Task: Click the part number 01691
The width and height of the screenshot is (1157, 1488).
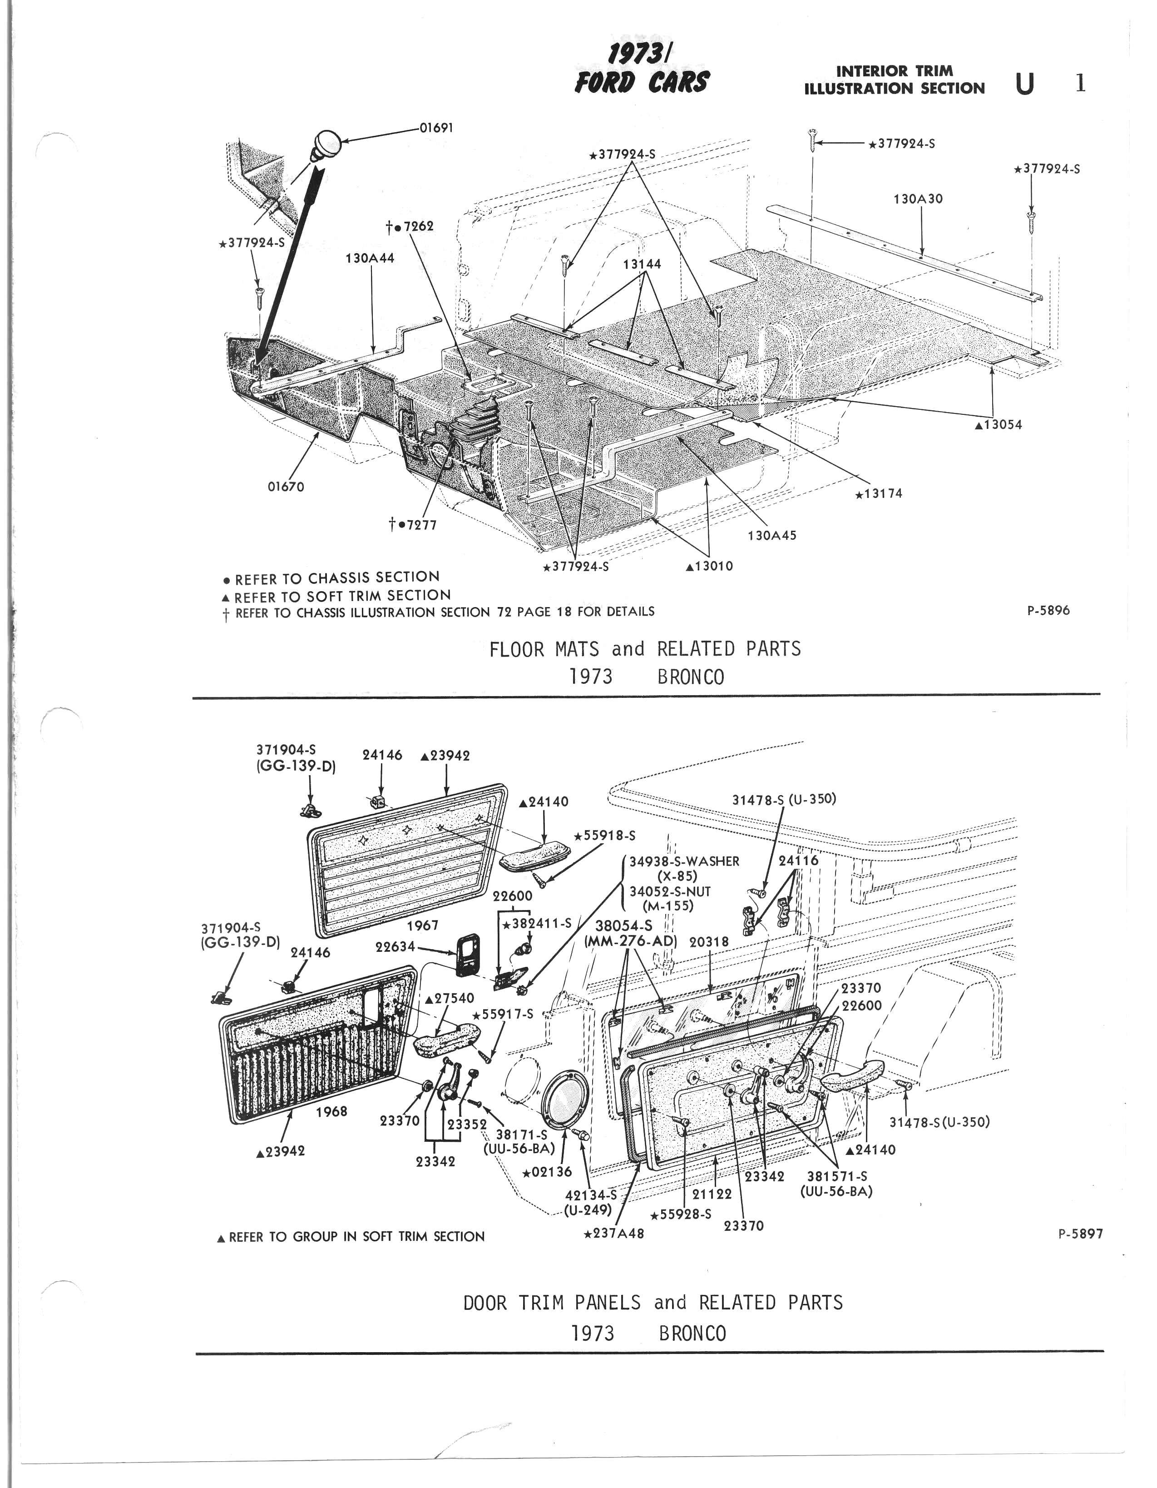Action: click(x=436, y=127)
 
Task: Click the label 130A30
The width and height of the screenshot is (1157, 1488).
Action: click(x=918, y=199)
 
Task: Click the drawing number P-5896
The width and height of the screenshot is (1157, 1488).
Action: click(x=1048, y=611)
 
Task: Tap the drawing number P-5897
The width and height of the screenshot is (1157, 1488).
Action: click(x=1080, y=1233)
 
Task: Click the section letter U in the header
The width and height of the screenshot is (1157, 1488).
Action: click(x=1024, y=85)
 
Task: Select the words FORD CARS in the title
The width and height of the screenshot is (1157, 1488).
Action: click(x=642, y=82)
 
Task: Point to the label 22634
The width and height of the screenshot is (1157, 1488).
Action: click(x=396, y=946)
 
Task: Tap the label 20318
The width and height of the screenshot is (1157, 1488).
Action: click(x=709, y=941)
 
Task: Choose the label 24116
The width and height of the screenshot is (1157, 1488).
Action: click(x=798, y=861)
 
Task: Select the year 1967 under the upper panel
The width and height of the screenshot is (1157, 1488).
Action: click(x=422, y=925)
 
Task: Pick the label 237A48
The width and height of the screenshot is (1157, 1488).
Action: click(x=614, y=1233)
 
